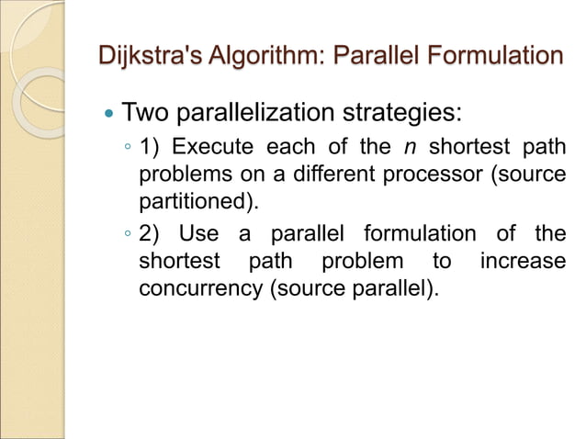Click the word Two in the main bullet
coord(144,115)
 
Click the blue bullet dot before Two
coord(109,116)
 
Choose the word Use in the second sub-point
coord(199,234)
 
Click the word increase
coord(523,261)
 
